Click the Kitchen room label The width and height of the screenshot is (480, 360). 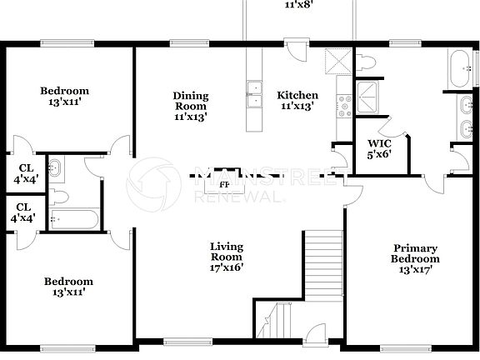(x=297, y=95)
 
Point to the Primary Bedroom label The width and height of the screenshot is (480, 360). (x=416, y=253)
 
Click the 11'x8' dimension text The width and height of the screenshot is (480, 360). (x=297, y=4)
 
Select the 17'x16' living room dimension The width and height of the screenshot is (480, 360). (x=226, y=267)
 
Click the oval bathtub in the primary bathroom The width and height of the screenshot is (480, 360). (x=459, y=67)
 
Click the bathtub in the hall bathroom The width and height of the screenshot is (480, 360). (x=73, y=219)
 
